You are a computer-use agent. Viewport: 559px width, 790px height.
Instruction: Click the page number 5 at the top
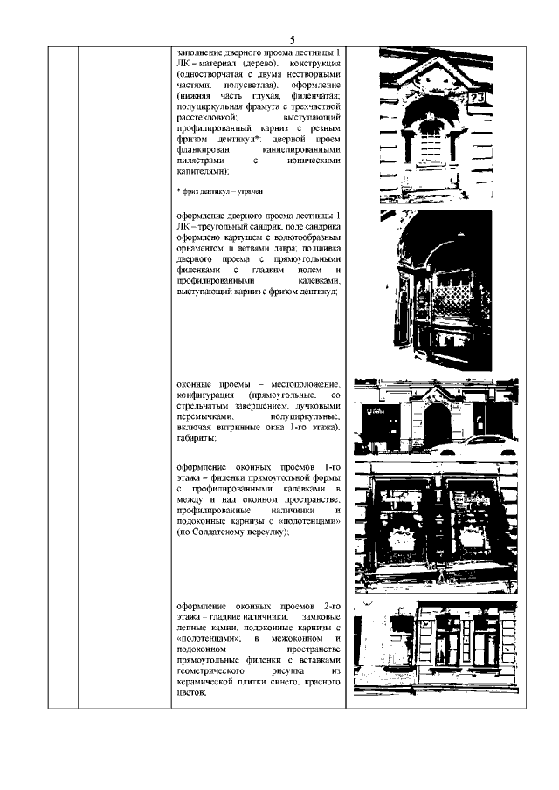tap(293, 39)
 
